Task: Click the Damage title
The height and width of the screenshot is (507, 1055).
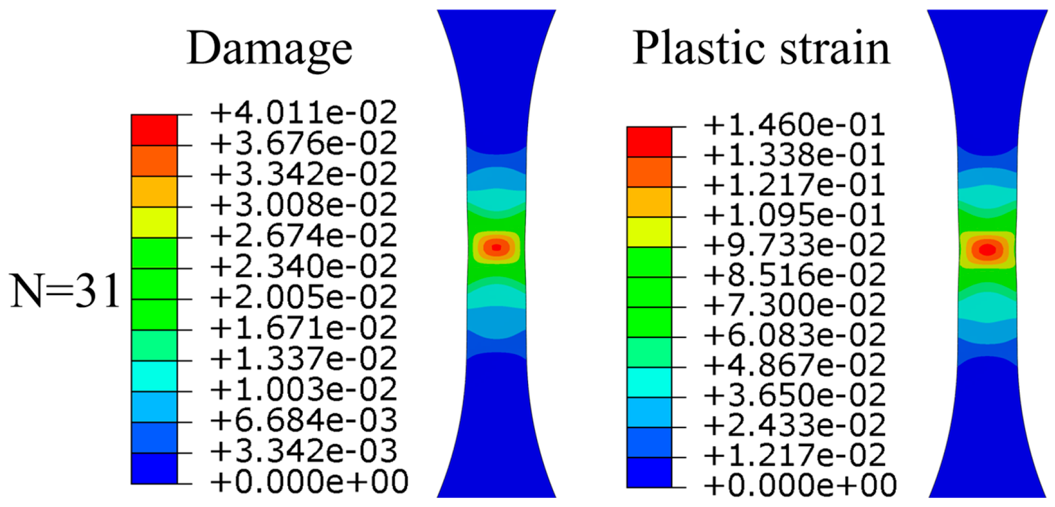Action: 270,50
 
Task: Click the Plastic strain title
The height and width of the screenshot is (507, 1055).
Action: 761,48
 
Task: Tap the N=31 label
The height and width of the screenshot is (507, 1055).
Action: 65,291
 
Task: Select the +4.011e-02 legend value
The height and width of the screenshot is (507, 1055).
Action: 304,113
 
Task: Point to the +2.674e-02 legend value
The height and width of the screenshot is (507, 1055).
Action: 304,236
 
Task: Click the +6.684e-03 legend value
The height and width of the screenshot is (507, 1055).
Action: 304,421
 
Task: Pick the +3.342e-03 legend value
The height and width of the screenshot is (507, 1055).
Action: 304,452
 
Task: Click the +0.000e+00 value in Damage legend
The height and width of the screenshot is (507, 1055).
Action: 309,482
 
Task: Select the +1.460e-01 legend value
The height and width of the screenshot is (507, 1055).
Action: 794,126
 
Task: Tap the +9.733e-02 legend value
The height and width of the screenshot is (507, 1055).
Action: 794,246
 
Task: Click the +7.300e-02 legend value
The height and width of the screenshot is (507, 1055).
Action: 794,306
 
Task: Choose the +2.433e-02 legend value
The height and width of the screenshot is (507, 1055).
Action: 794,426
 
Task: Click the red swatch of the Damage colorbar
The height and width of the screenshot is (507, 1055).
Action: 154,130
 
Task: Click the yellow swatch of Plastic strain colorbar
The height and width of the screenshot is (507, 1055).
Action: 649,232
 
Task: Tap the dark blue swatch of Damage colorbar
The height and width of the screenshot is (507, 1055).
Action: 154,468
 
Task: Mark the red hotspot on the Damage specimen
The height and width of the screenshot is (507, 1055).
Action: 497,247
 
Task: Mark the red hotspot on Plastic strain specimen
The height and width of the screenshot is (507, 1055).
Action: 987,249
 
